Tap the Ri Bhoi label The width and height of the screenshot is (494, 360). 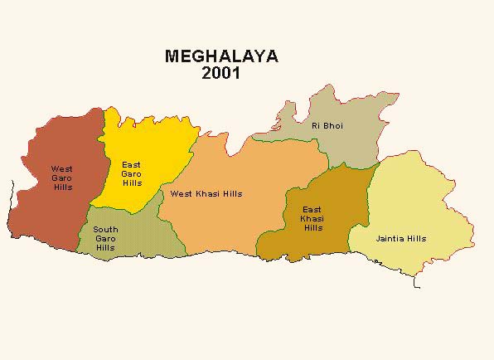coord(327,125)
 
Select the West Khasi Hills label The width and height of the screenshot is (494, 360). coord(206,194)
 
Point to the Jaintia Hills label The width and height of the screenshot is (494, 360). coord(401,238)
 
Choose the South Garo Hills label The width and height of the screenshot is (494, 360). coord(105,238)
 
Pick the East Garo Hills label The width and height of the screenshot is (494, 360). coord(132,173)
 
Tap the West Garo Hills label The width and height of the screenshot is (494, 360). coord(61,178)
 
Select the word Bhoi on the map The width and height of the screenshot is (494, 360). coord(333,125)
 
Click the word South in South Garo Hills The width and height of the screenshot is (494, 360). coord(105,229)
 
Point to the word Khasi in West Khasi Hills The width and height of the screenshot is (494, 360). coord(207,194)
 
